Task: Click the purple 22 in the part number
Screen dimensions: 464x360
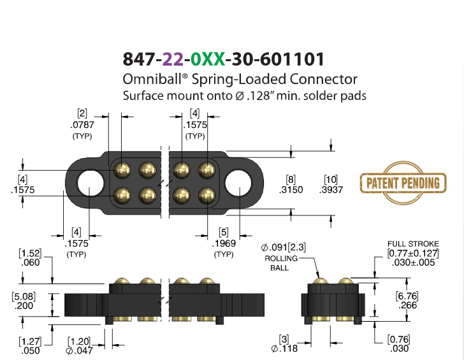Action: pos(173,59)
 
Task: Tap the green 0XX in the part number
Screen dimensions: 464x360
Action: pos(207,59)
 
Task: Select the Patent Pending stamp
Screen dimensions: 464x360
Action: pos(403,183)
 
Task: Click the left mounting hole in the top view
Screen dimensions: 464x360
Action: pos(91,183)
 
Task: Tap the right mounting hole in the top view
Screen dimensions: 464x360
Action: pos(238,183)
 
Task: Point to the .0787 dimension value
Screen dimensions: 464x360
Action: pos(82,125)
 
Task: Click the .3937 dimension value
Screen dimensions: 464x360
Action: pos(331,190)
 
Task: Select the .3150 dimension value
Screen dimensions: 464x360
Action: pos(291,190)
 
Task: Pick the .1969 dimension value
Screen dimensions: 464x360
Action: pos(224,243)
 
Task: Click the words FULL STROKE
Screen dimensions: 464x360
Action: pos(413,244)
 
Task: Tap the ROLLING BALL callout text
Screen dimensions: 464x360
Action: pos(281,263)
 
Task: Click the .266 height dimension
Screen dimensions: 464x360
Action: pos(407,305)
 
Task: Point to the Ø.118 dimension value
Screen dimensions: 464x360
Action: pos(284,349)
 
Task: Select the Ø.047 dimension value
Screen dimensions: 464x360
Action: pos(79,350)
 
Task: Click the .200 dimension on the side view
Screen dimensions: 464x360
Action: pos(24,306)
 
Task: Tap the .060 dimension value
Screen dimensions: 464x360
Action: pos(30,263)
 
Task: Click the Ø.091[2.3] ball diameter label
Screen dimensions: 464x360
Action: pos(283,247)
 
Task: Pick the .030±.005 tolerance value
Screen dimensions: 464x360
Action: pos(413,263)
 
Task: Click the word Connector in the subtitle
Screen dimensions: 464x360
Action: pos(323,79)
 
